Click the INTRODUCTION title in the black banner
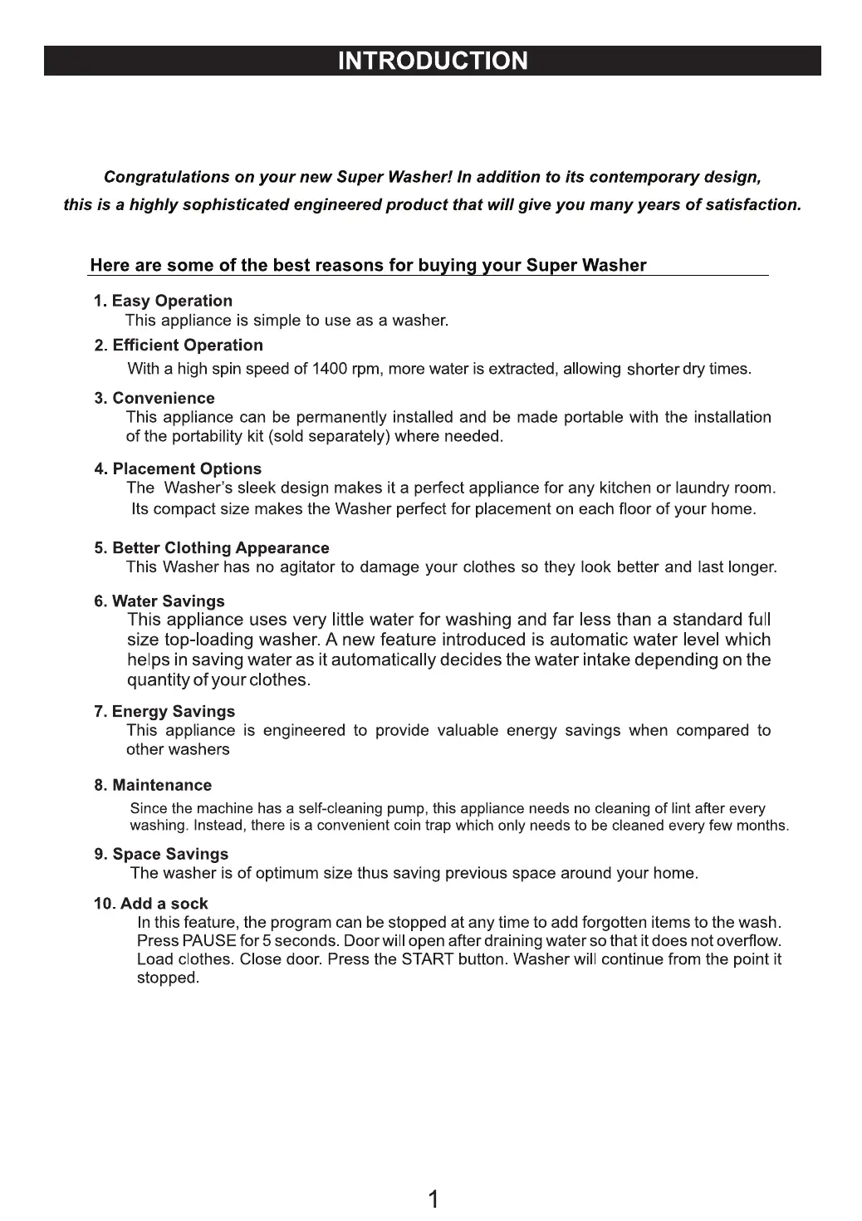(433, 61)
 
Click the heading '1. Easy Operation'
(163, 301)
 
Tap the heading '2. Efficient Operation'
(179, 346)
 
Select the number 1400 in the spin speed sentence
(329, 369)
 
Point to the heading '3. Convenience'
(154, 398)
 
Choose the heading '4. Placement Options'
(178, 468)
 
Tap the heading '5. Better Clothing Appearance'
(212, 548)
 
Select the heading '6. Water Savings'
(159, 601)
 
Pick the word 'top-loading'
(209, 640)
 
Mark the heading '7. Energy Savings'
(164, 712)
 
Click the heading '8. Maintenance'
(153, 785)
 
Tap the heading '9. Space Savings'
(161, 854)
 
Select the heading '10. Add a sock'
(150, 904)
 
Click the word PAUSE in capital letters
(209, 941)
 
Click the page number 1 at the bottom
(433, 1199)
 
